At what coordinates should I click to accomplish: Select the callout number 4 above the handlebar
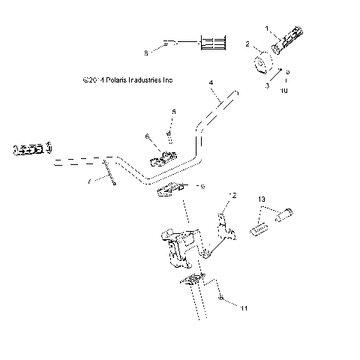tap(211, 82)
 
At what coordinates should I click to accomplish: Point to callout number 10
tap(284, 91)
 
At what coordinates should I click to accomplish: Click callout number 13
tap(262, 199)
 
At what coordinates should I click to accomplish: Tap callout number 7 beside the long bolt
tap(89, 181)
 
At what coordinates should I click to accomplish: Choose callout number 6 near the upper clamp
tap(148, 136)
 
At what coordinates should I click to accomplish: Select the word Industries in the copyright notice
tap(147, 78)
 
